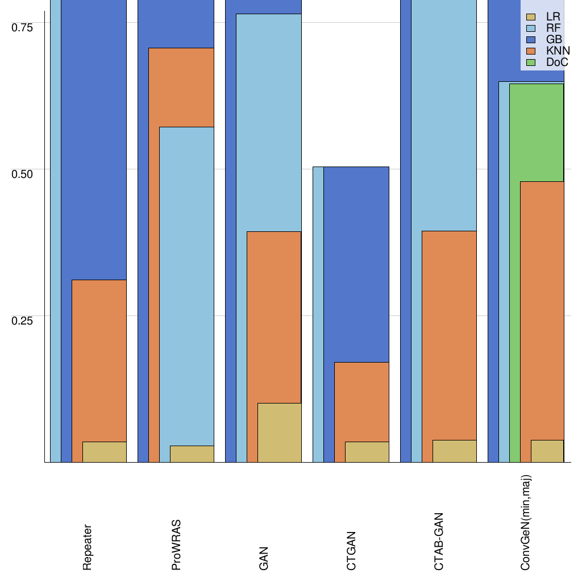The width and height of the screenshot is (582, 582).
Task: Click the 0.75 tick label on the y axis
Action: pyautogui.click(x=23, y=27)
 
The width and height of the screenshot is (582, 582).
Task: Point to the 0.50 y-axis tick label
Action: pyautogui.click(x=23, y=173)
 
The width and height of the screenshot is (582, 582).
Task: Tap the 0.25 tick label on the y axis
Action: pyautogui.click(x=23, y=320)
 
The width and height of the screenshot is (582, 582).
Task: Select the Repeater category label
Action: pyautogui.click(x=87, y=547)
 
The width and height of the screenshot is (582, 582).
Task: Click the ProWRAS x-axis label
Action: pyautogui.click(x=176, y=544)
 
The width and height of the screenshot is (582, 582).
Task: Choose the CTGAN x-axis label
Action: pyautogui.click(x=351, y=551)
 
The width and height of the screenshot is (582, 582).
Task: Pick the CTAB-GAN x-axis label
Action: pyautogui.click(x=439, y=542)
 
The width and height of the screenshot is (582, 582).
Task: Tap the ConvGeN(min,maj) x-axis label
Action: pyautogui.click(x=526, y=523)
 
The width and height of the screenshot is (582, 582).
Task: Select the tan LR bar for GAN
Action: pyautogui.click(x=279, y=433)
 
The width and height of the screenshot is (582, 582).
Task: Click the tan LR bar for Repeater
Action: pyautogui.click(x=105, y=452)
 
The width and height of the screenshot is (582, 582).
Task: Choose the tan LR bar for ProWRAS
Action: pyautogui.click(x=192, y=454)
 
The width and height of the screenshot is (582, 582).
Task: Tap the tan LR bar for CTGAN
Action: pyautogui.click(x=367, y=452)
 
